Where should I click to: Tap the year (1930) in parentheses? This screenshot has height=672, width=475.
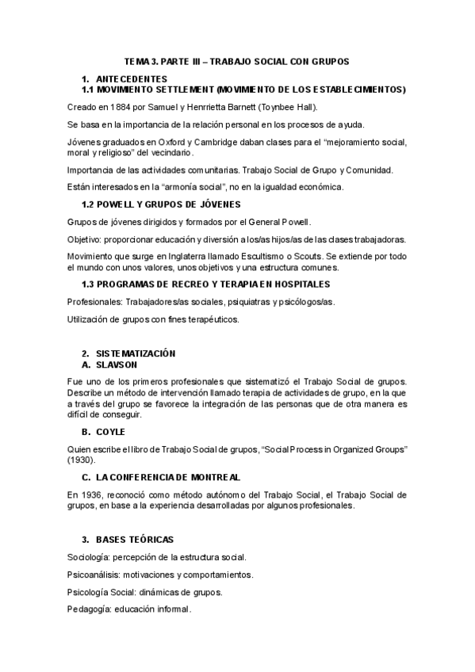[x=82, y=460]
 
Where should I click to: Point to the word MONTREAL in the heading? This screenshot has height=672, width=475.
[x=211, y=477]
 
